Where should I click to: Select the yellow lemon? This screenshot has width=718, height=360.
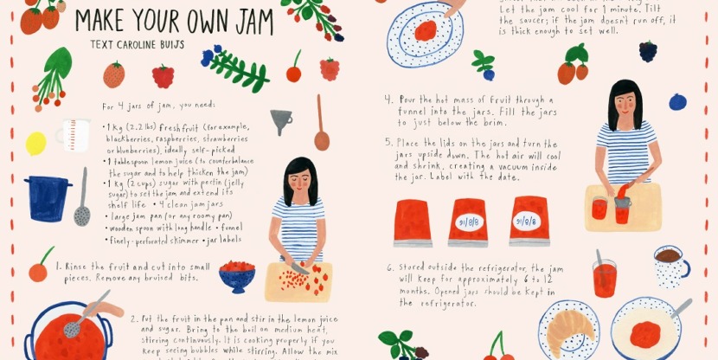click(x=35, y=144)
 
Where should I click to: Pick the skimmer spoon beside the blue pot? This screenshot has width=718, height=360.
click(x=82, y=199)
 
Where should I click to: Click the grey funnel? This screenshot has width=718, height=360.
click(x=281, y=120)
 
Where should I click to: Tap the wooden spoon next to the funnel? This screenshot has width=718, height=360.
click(x=322, y=126)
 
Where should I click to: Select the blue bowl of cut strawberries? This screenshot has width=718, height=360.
click(x=236, y=276)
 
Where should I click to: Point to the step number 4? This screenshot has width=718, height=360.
click(x=388, y=99)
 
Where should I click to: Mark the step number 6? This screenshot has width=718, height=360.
click(x=390, y=267)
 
